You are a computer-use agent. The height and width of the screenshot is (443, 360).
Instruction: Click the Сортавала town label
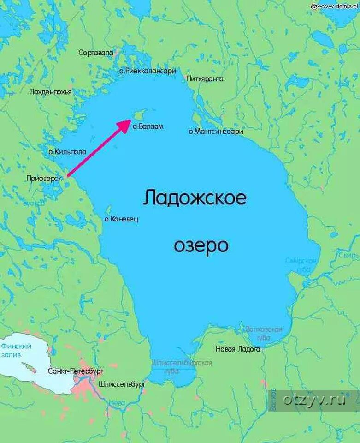point(95,53)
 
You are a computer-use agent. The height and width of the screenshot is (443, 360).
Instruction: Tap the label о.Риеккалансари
point(148,71)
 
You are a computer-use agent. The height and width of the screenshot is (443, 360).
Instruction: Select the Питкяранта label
point(205,79)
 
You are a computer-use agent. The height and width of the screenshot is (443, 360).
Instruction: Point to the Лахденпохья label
point(50,92)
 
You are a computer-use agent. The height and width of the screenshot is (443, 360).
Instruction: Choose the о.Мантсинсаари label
point(216,132)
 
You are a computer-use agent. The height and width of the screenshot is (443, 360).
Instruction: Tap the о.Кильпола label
point(67,151)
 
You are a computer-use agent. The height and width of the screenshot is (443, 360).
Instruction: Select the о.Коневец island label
point(121,219)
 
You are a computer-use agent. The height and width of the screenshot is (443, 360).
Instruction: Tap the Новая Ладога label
point(238,349)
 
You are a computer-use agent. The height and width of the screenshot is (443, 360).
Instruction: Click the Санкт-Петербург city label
point(75,371)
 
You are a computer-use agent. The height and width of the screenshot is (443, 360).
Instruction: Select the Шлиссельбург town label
point(122,383)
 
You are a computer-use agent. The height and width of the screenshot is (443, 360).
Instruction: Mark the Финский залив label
point(16,350)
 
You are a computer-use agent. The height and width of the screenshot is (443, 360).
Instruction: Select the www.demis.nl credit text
point(334,6)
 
